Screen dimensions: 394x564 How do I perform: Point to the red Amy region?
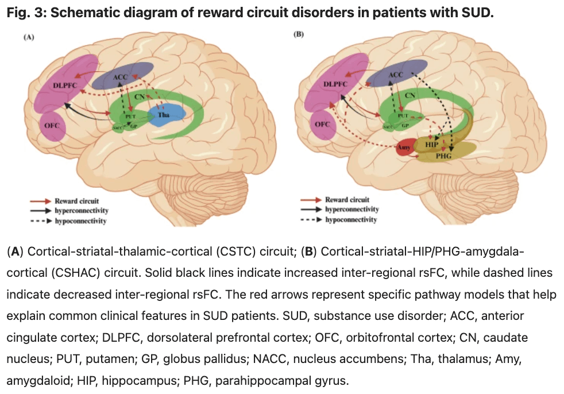(403, 149)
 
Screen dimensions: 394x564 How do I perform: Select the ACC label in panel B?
(396, 75)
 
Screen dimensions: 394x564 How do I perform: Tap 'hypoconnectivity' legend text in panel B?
(350, 219)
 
